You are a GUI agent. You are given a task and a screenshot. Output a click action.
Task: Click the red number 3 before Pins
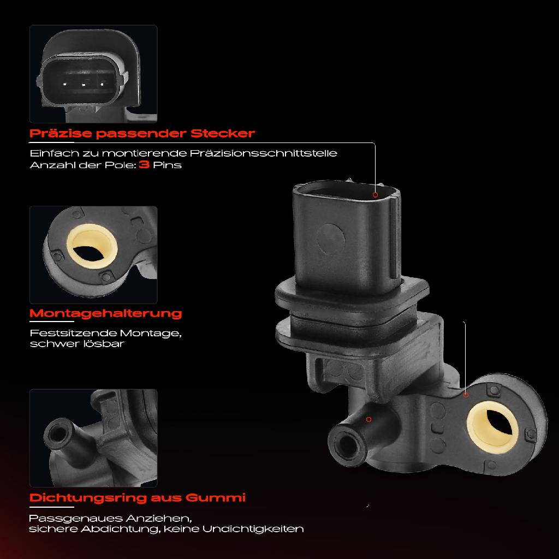[145, 164]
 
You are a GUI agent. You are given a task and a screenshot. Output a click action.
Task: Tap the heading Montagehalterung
[105, 313]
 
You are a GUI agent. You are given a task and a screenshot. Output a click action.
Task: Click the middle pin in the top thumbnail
[84, 85]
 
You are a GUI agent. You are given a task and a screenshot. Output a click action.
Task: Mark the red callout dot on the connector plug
[375, 194]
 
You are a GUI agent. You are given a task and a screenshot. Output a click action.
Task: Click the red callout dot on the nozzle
[368, 419]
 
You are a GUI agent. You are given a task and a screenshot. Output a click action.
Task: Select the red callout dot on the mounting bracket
[466, 394]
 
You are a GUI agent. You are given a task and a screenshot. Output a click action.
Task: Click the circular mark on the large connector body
[332, 237]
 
